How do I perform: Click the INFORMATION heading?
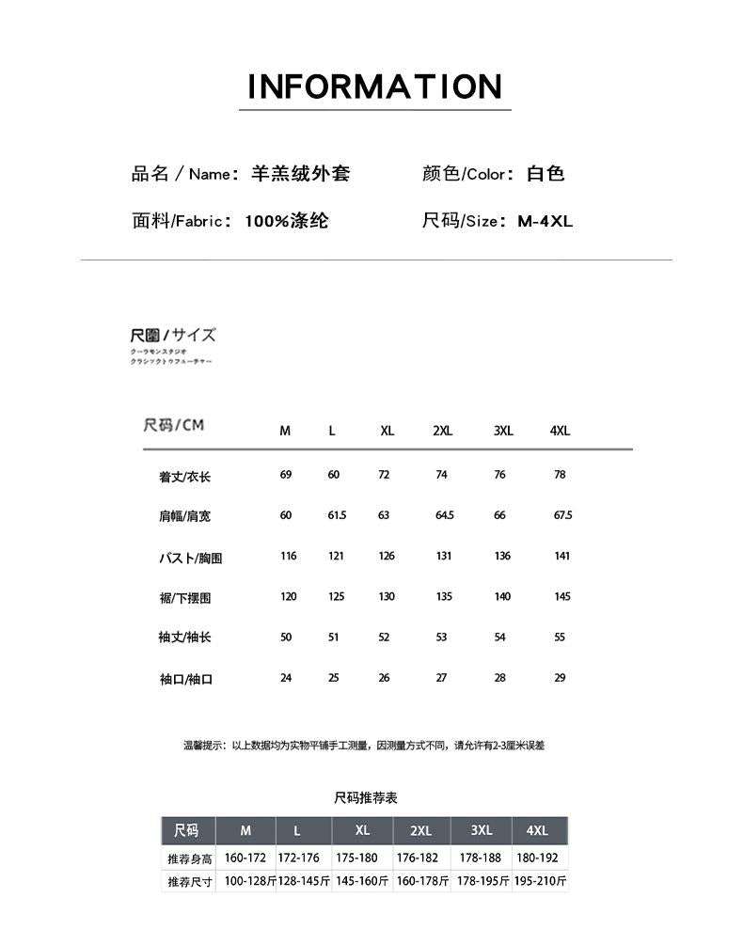(374, 87)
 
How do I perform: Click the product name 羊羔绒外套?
(301, 174)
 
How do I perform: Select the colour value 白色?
(545, 174)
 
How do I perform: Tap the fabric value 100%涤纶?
(287, 222)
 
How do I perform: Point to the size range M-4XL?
(545, 222)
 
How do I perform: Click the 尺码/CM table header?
(173, 425)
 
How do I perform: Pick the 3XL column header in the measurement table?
(503, 431)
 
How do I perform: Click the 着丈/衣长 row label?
(184, 477)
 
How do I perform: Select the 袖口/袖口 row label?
(185, 679)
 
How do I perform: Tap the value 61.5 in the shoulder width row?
(337, 515)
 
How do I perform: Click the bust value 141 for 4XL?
(561, 556)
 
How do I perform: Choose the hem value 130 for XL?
(386, 596)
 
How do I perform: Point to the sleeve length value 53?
(441, 637)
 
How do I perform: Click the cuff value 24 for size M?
(286, 677)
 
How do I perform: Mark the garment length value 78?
(560, 475)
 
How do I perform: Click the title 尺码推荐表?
(366, 797)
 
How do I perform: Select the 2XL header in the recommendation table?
(420, 830)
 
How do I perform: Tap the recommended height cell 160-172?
(245, 858)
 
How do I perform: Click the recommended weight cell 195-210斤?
(540, 881)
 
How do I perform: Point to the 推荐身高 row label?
(190, 858)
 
